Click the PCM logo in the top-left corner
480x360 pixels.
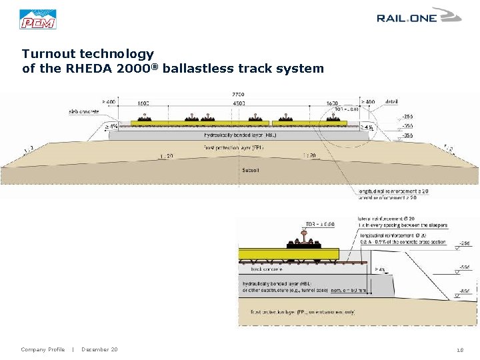(x=38, y=19)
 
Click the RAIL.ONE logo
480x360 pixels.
(x=418, y=16)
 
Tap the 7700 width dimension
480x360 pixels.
(x=238, y=95)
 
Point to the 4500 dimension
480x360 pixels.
(x=238, y=103)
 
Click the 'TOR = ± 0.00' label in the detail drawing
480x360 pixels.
(x=320, y=224)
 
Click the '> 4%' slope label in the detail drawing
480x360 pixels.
(x=379, y=269)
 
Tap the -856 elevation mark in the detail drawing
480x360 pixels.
(x=465, y=291)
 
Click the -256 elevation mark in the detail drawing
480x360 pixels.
(x=465, y=243)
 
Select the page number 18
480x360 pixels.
(x=460, y=350)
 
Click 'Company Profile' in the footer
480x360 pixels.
(x=43, y=349)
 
